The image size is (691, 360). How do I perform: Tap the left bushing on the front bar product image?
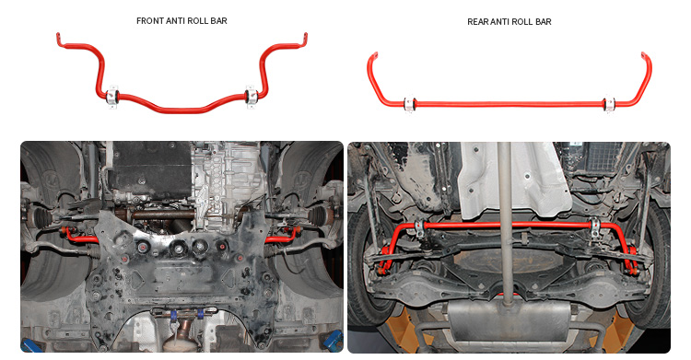click(x=112, y=96)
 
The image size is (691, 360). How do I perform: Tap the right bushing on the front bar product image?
click(x=252, y=96)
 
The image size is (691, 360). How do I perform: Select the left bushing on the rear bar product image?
click(x=410, y=104)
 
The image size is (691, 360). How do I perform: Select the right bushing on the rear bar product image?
click(x=609, y=104)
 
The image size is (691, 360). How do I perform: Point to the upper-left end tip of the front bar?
click(x=58, y=34)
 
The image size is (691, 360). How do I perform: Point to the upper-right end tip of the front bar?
click(x=305, y=34)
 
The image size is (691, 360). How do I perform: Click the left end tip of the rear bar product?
click(x=376, y=53)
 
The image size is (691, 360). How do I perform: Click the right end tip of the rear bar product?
click(x=643, y=53)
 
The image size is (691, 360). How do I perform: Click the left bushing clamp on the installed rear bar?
click(x=420, y=228)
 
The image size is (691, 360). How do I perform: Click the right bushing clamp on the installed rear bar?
click(x=595, y=227)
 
